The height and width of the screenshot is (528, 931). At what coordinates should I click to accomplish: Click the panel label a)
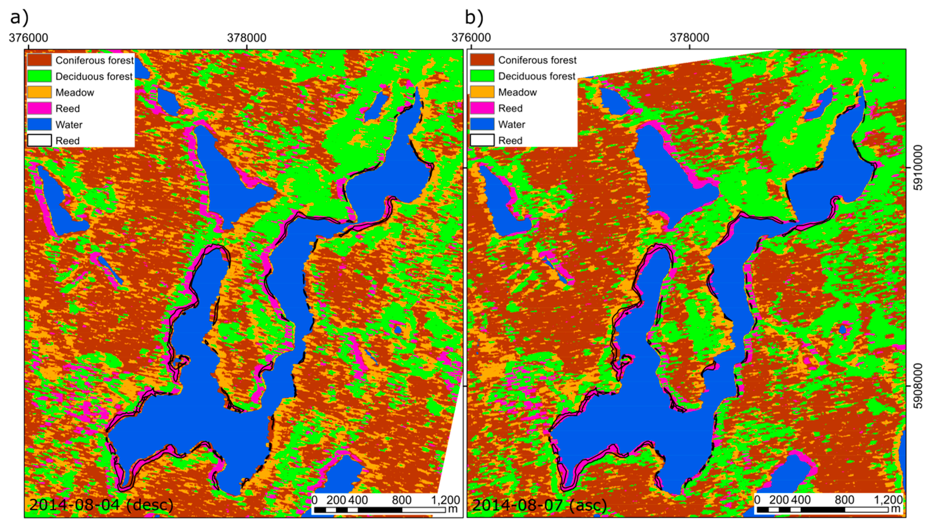19,17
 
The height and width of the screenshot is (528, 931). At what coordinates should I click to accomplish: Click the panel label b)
474,17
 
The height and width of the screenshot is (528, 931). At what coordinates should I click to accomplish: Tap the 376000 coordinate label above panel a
28,38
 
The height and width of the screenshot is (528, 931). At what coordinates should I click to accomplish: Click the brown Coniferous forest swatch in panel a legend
39,60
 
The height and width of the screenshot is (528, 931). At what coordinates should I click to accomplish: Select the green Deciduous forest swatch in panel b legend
482,76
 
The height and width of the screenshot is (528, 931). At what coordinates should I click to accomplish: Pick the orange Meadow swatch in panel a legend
39,93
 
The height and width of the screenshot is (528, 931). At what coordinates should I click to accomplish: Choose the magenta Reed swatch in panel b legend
482,108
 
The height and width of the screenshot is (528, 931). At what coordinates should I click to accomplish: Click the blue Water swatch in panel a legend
39,124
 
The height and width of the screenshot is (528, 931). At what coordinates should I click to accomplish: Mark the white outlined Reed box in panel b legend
482,140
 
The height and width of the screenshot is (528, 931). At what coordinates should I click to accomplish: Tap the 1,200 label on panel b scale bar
888,500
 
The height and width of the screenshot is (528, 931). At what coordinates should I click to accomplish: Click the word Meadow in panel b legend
517,93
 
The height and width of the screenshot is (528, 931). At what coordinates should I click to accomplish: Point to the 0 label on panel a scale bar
315,500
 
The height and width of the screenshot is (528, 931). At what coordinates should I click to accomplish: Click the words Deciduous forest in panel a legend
94,76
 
